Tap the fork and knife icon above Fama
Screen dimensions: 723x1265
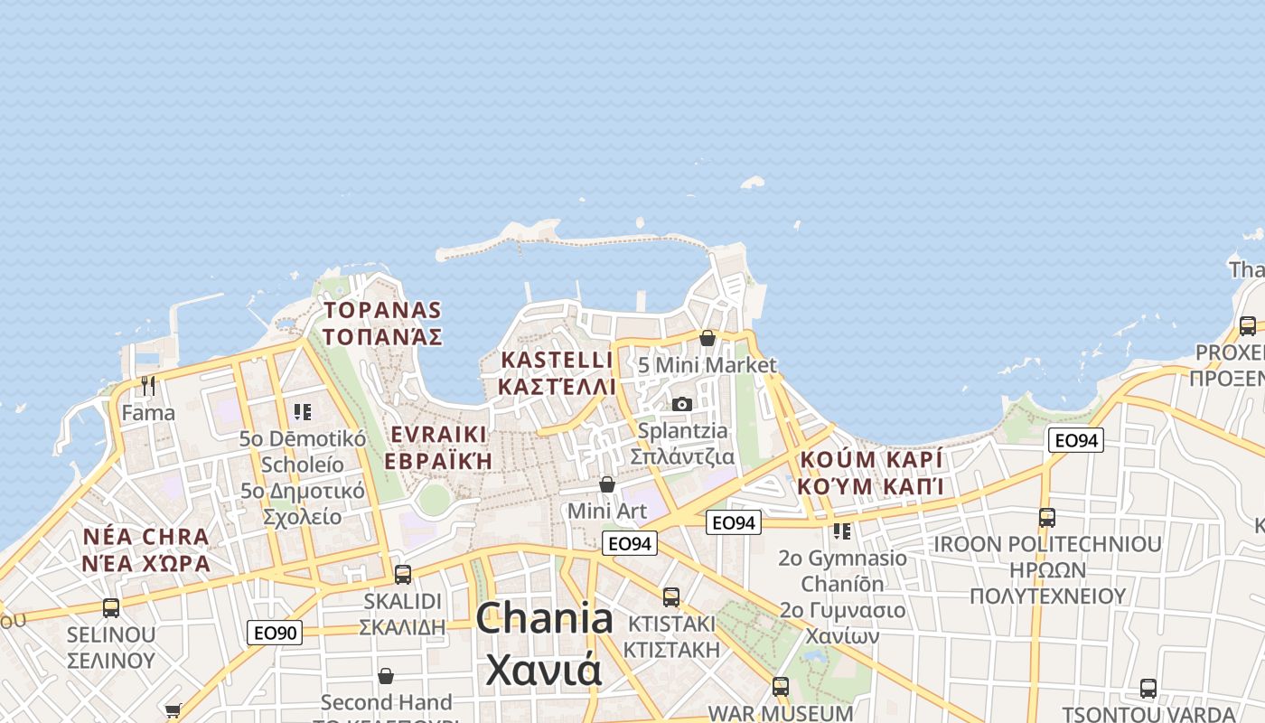pyautogui.click(x=148, y=386)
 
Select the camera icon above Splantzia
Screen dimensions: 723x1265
pyautogui.click(x=682, y=404)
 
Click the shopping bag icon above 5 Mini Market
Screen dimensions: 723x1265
pyautogui.click(x=707, y=338)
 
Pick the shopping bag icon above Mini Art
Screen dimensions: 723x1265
pyautogui.click(x=607, y=485)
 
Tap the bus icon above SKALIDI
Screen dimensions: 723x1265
pyautogui.click(x=403, y=574)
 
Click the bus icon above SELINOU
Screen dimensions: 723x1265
pyautogui.click(x=111, y=608)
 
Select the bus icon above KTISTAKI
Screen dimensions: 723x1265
pyautogui.click(x=670, y=597)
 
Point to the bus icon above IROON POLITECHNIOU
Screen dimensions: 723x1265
pyautogui.click(x=1047, y=518)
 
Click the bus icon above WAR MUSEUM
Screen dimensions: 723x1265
pyautogui.click(x=781, y=687)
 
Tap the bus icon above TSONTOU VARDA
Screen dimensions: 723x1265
pyautogui.click(x=1148, y=689)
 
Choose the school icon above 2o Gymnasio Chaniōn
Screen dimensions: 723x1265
pyautogui.click(x=842, y=531)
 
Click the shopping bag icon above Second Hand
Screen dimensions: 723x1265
pyautogui.click(x=386, y=676)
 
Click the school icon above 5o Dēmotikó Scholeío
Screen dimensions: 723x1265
pyautogui.click(x=303, y=412)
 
